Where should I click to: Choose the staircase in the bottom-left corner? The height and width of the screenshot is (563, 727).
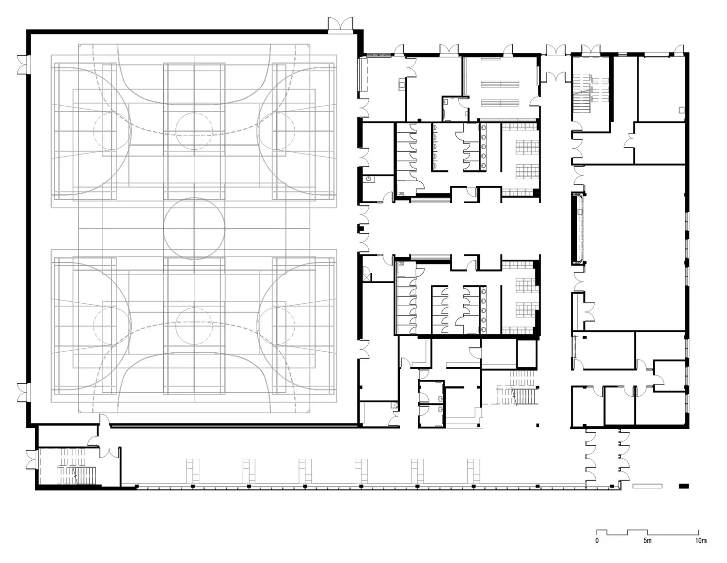click(x=76, y=466)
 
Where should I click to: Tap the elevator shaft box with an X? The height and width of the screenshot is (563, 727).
click(x=367, y=277)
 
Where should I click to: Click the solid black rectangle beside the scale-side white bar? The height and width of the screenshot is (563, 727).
click(x=683, y=486)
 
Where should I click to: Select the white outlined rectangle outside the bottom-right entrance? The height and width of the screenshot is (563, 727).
click(x=647, y=486)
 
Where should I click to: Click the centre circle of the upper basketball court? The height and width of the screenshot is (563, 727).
click(x=194, y=131)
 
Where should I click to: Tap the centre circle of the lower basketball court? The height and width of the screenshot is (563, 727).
click(x=194, y=326)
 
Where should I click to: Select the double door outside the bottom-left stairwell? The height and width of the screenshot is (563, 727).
click(x=32, y=459)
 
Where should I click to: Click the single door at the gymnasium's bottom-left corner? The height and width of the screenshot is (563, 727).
click(x=104, y=420)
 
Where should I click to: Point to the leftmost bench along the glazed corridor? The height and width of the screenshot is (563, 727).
click(x=193, y=471)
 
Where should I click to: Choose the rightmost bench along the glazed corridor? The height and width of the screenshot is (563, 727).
click(x=474, y=471)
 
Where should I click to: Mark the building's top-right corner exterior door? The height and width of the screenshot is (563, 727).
click(x=679, y=49)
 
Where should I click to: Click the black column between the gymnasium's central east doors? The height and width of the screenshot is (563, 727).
click(x=361, y=229)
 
